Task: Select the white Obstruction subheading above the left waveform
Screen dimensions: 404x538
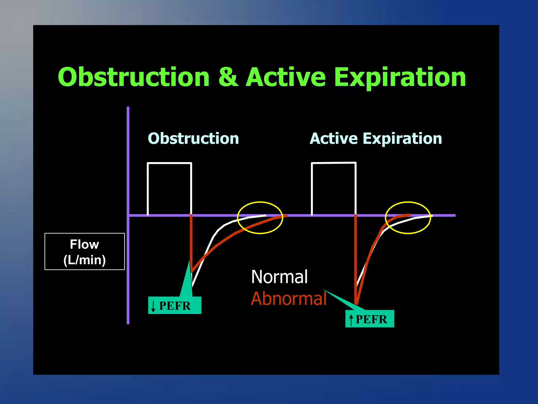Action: coord(193,139)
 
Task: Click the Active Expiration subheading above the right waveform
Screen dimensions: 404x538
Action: coord(376,139)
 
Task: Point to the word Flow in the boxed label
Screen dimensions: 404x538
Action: coord(84,244)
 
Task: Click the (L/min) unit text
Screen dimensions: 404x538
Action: coord(84,260)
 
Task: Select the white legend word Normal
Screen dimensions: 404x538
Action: coord(279,277)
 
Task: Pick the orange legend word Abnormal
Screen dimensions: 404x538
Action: coord(288,299)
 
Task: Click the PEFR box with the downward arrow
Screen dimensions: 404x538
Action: coord(175,305)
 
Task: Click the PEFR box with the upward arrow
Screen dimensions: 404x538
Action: coord(370,319)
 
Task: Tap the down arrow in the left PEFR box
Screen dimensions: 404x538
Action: coord(153,306)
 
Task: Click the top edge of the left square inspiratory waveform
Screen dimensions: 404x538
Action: coord(169,163)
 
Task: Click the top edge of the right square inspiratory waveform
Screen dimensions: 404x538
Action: coord(334,163)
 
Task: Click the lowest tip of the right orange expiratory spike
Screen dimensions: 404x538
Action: coord(356,304)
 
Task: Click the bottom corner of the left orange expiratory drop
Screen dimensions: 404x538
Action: coord(192,271)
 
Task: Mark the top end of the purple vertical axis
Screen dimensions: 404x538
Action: coord(128,108)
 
